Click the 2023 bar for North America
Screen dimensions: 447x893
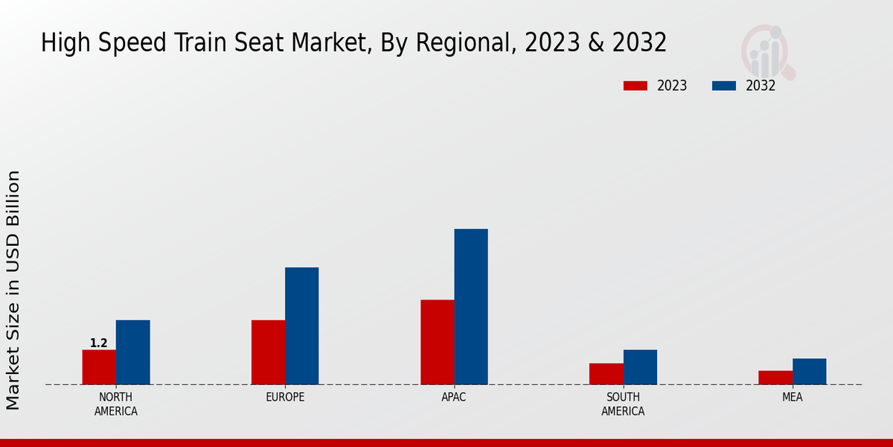(x=99, y=367)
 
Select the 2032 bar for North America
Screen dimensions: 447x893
(x=132, y=352)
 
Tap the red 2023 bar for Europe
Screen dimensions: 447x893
(x=268, y=352)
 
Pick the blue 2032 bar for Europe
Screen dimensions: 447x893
(x=301, y=326)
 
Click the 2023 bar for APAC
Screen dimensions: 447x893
(x=437, y=342)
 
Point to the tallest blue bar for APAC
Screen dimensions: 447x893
(x=471, y=307)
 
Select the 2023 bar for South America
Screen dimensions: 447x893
(x=606, y=374)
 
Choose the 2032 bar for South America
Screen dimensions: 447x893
(x=640, y=367)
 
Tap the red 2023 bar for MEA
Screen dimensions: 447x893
(x=775, y=378)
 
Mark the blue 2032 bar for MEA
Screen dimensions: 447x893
(x=809, y=372)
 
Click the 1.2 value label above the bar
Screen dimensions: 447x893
(x=99, y=343)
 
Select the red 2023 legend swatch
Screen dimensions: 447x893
(x=636, y=86)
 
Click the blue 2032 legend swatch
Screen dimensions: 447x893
(x=724, y=86)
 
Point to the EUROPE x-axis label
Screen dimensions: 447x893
(x=285, y=398)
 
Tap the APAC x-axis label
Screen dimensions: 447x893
(x=454, y=398)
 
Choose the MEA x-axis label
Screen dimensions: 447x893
(x=792, y=398)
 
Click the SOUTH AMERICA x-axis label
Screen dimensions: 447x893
(x=623, y=405)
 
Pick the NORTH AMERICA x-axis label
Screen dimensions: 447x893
(x=116, y=405)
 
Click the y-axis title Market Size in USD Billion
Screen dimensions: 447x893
(x=13, y=289)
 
